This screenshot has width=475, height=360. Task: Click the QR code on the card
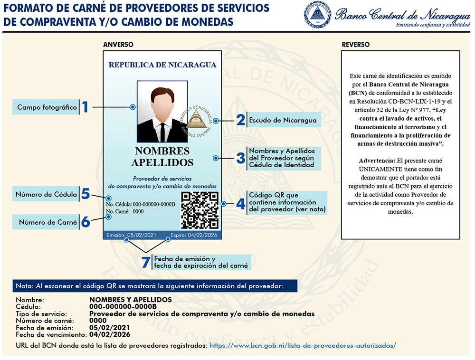pyautogui.click(x=200, y=210)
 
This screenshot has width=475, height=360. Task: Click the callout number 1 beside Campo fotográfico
pyautogui.click(x=85, y=107)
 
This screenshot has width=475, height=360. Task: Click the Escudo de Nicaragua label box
pyautogui.click(x=283, y=120)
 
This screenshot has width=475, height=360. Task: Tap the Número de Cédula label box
pyautogui.click(x=46, y=194)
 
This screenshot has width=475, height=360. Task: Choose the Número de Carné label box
pyautogui.click(x=47, y=222)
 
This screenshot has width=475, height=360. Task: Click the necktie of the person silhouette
pyautogui.click(x=162, y=130)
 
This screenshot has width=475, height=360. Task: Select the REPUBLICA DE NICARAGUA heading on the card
pyautogui.click(x=162, y=65)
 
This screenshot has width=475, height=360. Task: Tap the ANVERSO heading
pyautogui.click(x=118, y=45)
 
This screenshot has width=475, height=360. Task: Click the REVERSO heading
pyautogui.click(x=356, y=45)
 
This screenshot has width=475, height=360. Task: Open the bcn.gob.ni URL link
pyautogui.click(x=303, y=346)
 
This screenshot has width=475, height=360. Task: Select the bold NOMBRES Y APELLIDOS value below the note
pyautogui.click(x=130, y=300)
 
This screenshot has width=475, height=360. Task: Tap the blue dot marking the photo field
pyautogui.click(x=133, y=107)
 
